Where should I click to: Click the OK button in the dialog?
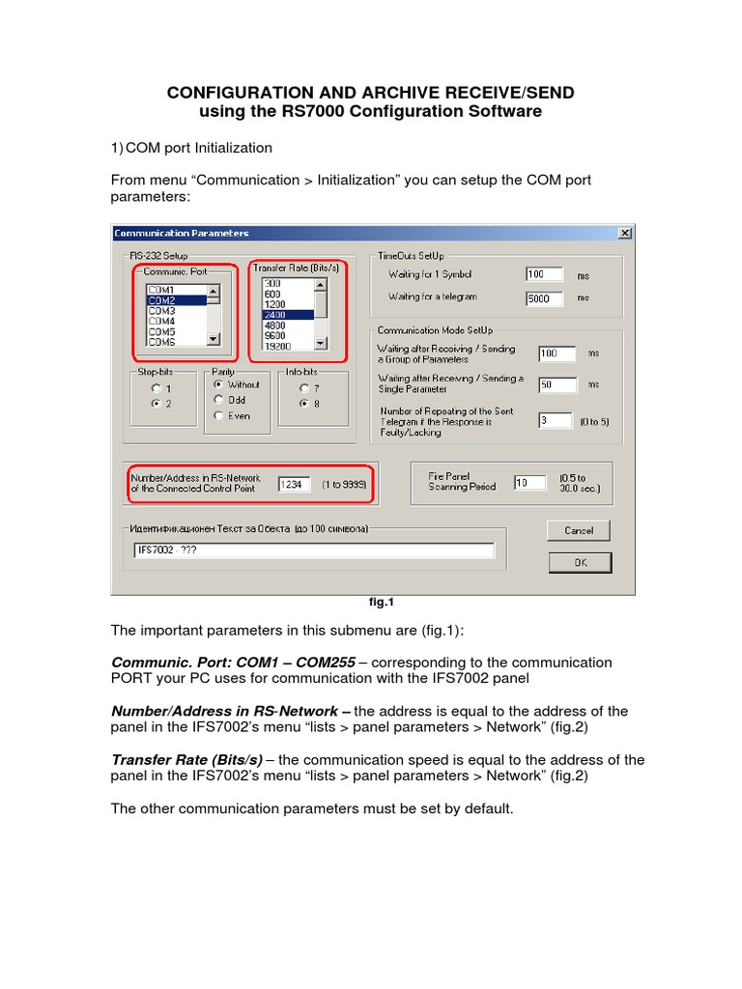[x=580, y=562]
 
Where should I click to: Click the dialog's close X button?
[x=624, y=233]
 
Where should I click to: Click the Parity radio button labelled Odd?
[x=218, y=400]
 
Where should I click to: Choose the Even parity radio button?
[x=218, y=415]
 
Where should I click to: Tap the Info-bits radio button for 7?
[x=303, y=388]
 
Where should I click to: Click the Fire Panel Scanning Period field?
[x=528, y=482]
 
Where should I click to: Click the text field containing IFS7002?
[x=314, y=551]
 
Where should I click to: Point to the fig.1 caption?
[x=383, y=603]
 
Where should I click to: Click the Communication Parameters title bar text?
[x=182, y=233]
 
